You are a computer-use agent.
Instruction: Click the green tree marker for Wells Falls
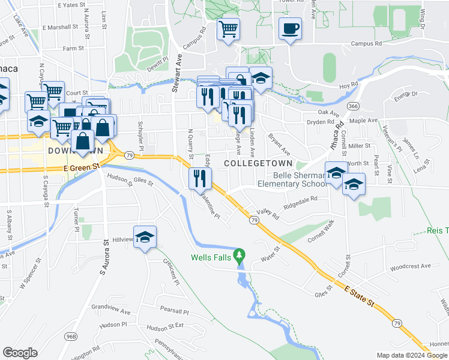tap(240, 256)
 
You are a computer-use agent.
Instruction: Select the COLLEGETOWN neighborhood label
tap(258, 163)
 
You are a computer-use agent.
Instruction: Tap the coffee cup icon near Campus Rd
tap(290, 29)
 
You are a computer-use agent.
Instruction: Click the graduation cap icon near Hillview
tap(145, 238)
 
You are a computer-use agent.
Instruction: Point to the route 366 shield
tap(354, 106)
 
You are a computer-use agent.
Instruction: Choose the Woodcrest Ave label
tap(410, 266)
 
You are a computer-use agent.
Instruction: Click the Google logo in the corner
tap(20, 352)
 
